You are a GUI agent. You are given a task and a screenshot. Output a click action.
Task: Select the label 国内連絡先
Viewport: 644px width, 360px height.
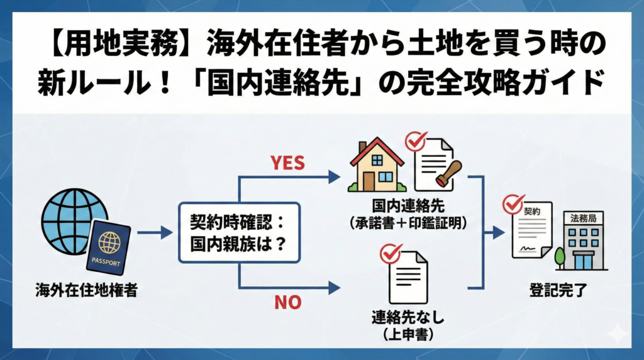tap(407, 206)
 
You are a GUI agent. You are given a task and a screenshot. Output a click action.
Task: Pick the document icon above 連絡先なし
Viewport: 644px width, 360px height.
tap(407, 276)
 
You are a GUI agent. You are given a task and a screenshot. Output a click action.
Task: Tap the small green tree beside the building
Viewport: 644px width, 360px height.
tap(559, 257)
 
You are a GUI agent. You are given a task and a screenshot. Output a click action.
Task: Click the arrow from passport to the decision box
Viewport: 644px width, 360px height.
tap(154, 233)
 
